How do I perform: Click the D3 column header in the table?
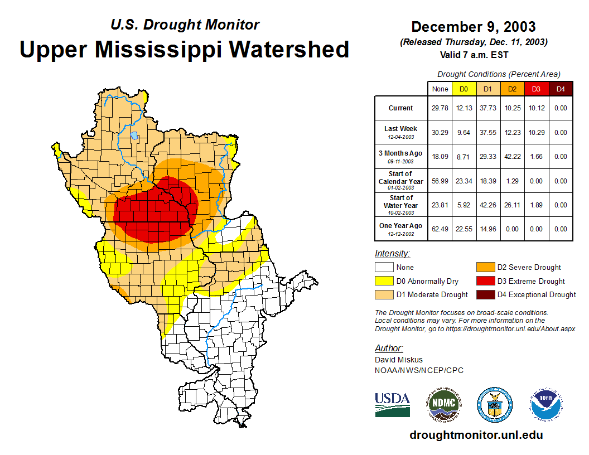click(x=536, y=89)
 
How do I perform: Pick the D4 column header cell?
click(x=561, y=89)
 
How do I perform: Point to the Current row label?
click(x=401, y=108)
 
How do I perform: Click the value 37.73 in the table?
click(x=488, y=108)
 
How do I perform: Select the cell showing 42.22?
click(x=512, y=157)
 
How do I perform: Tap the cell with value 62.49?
click(x=440, y=229)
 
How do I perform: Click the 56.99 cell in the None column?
click(x=440, y=181)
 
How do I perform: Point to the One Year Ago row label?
click(x=401, y=226)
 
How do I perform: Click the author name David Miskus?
click(x=399, y=360)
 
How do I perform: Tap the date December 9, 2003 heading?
click(x=474, y=27)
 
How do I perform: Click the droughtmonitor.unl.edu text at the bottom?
click(x=476, y=435)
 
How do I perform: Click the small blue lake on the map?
click(x=134, y=135)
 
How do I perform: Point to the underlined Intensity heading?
click(x=392, y=254)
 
